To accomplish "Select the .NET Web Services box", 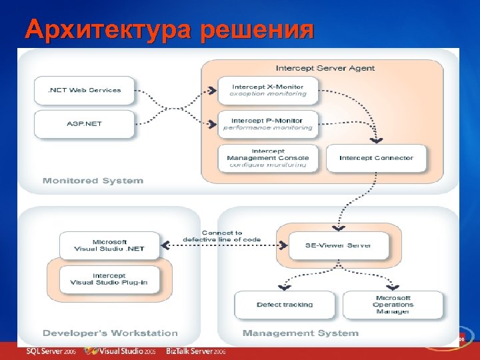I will (x=84, y=90).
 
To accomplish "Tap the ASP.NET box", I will (x=84, y=124).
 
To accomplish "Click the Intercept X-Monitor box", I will (x=269, y=91).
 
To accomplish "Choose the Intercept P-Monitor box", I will (x=269, y=124).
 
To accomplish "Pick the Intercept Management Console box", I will (x=269, y=157).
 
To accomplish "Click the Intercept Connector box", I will (x=377, y=158).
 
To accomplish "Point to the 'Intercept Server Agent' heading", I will (x=325, y=68).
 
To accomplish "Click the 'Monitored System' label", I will (x=93, y=181).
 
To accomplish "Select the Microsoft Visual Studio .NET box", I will (x=110, y=245).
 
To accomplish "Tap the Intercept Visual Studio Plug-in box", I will (x=110, y=279).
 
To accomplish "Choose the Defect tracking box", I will (x=285, y=305).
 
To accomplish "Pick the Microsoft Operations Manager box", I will (x=393, y=305).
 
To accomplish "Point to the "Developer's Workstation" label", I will (x=110, y=333).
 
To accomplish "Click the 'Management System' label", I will (x=300, y=333).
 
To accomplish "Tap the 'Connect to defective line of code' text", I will (x=222, y=235).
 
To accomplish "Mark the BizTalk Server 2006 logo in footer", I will (x=197, y=351).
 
